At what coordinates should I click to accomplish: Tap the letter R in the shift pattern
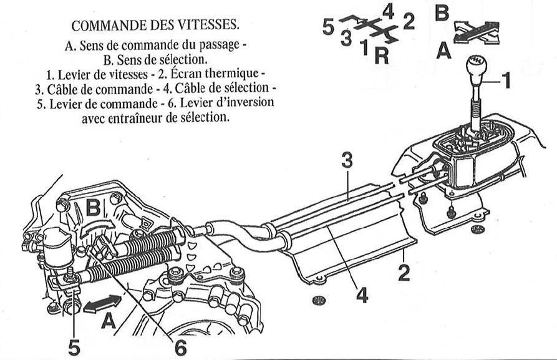(x=382, y=56)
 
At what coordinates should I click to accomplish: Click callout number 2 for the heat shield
(x=405, y=273)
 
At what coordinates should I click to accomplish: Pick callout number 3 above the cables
(x=347, y=160)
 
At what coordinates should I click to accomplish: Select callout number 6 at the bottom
(x=179, y=345)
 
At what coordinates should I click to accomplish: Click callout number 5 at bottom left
(x=74, y=346)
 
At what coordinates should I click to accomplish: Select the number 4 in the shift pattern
(x=388, y=11)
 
